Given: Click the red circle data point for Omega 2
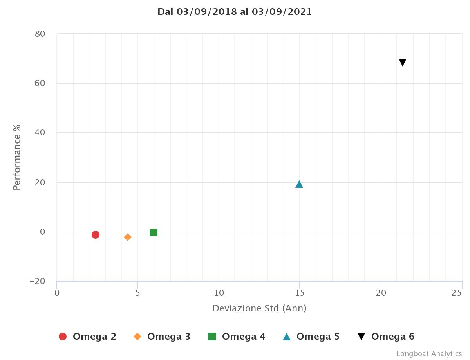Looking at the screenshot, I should point(95,235).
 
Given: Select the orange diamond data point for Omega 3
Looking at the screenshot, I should point(127,237).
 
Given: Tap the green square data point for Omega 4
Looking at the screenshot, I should point(154,232).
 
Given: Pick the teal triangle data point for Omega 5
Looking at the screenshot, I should point(299,184).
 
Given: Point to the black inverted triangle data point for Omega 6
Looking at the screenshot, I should point(403,62).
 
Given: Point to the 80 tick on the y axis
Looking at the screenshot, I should point(40,34).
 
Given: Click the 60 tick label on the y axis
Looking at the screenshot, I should point(40,83).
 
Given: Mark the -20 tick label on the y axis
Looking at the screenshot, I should point(37,281).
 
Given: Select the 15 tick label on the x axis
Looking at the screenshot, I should point(300,293).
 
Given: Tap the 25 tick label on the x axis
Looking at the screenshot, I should point(457,293).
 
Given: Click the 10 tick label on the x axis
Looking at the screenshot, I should point(219,293).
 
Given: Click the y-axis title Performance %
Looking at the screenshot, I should point(16,157).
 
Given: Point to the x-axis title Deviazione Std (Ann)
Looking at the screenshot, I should point(259,308).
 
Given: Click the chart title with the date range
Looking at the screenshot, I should point(235,12).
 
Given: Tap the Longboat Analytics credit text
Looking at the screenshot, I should point(429,354).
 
